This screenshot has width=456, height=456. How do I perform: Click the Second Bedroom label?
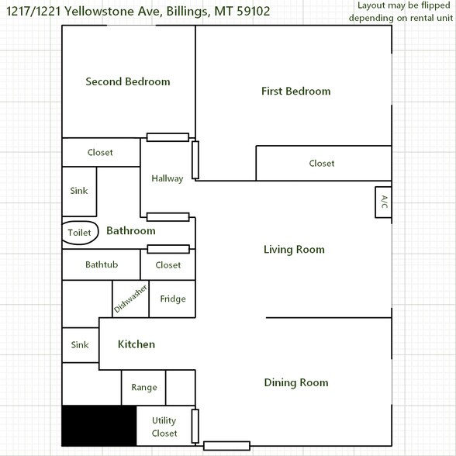128,81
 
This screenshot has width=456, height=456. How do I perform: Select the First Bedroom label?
295,92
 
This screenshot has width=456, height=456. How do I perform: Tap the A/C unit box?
383,203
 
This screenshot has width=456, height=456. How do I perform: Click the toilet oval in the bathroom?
79,233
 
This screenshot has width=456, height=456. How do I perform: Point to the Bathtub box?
101,265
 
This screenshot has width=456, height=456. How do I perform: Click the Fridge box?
172,299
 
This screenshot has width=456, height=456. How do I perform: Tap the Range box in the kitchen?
143,388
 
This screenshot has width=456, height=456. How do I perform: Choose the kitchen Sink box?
80,345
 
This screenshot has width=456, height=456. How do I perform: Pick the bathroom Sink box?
79,191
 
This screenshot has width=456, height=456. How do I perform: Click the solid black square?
98,426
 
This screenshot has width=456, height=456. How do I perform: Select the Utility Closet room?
164,427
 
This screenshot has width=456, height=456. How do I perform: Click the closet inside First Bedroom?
322,164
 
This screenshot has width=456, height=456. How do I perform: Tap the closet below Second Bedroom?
100,153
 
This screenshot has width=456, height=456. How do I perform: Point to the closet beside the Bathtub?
168,265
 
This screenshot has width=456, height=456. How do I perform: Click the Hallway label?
168,178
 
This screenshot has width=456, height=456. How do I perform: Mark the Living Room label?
294,250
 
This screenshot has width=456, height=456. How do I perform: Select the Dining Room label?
295,382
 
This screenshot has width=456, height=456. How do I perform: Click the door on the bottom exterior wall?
226,446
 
